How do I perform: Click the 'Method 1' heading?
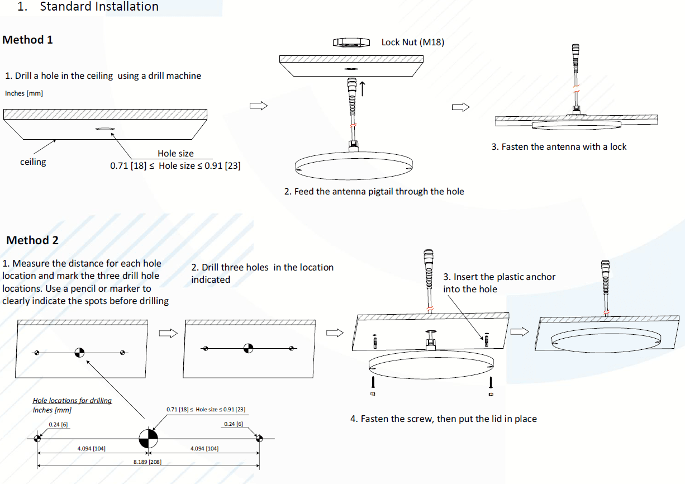click(x=28, y=40)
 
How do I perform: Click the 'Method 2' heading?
click(x=32, y=241)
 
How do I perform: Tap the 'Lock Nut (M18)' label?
click(x=412, y=42)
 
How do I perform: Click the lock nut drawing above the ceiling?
click(x=351, y=42)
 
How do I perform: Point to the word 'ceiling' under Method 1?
click(x=33, y=162)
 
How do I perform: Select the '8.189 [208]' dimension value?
click(x=148, y=462)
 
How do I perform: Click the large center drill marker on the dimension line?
click(x=148, y=439)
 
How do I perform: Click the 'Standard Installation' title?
click(x=99, y=7)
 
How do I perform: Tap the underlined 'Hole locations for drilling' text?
click(x=73, y=401)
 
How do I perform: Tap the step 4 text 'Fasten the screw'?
click(x=443, y=419)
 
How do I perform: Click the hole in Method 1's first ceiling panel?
click(x=104, y=129)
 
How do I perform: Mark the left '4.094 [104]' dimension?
click(x=92, y=449)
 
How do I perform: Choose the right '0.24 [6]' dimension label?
click(x=234, y=424)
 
